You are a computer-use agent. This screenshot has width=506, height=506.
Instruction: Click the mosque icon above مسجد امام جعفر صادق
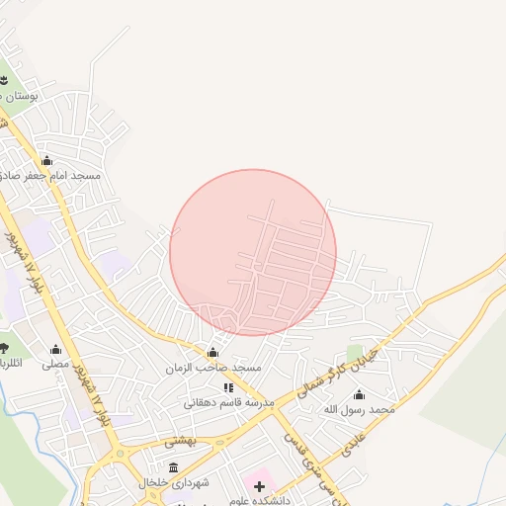pos(46,160)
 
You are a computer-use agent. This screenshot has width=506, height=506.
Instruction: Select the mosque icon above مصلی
pos(55,349)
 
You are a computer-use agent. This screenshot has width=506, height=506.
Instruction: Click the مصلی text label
pos(55,364)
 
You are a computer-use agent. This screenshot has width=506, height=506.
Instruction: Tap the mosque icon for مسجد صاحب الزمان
pos(212,353)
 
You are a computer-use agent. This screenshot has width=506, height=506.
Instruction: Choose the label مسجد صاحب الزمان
pos(214,368)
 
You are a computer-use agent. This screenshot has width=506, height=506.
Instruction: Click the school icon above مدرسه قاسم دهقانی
pos(228,388)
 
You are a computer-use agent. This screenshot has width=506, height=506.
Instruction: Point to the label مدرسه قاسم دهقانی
pos(228,403)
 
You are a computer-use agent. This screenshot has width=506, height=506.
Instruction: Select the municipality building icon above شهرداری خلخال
pos(174,467)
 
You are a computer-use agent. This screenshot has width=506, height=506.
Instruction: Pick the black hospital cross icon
pos(260,485)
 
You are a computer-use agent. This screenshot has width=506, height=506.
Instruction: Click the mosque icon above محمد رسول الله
pos(359,394)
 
